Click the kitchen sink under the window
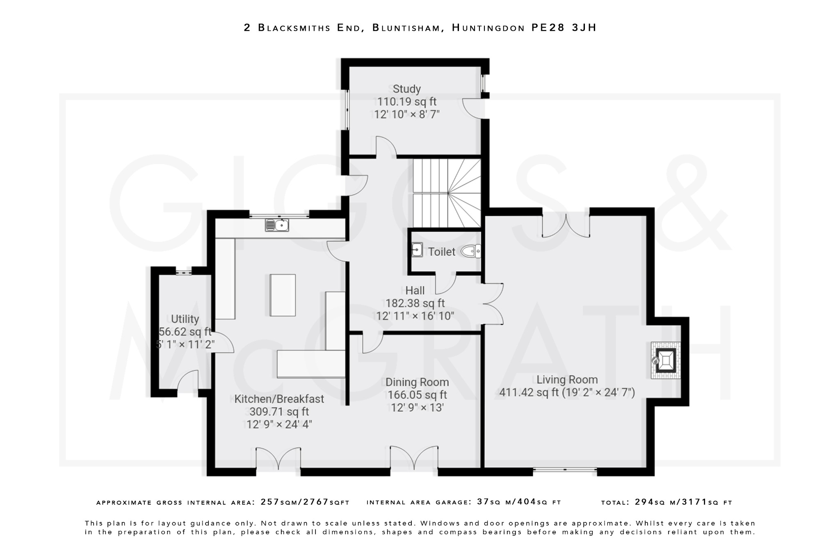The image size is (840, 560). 277,225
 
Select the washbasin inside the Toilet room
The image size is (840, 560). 417,249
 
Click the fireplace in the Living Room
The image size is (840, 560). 665,360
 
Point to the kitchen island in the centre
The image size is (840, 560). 283,295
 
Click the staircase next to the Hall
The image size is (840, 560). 447,193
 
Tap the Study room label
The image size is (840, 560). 406,89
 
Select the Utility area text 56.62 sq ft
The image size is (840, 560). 185,331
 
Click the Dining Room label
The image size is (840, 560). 417,382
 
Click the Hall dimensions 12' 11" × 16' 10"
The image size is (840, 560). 415,316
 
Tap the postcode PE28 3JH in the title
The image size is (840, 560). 564,27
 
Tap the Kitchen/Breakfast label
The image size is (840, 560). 279,399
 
